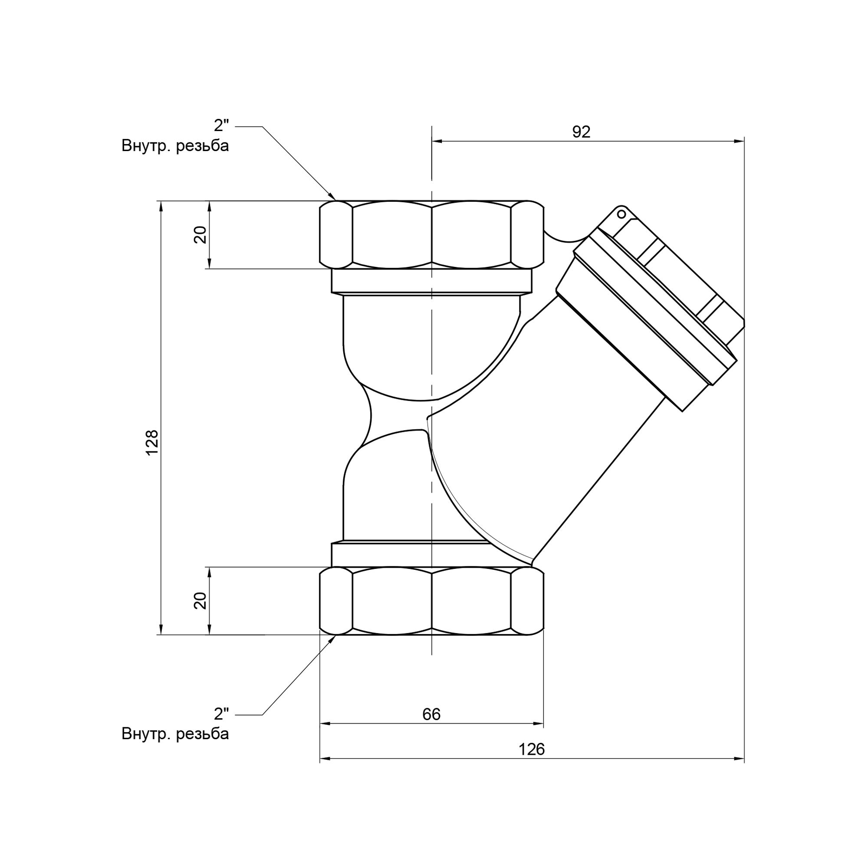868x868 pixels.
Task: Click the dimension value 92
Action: click(581, 132)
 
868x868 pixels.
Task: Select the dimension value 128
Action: click(152, 442)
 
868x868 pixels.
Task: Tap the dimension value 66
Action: click(431, 714)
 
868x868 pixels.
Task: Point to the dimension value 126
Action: click(532, 749)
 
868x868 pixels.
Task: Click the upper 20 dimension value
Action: click(201, 234)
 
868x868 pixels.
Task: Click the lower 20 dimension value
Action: click(201, 601)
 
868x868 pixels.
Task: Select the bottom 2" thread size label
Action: click(221, 713)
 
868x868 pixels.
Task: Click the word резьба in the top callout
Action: click(203, 146)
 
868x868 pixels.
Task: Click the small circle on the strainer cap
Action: click(621, 214)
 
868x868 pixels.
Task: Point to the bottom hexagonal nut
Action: click(431, 601)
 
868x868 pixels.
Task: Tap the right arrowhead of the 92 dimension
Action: click(739, 141)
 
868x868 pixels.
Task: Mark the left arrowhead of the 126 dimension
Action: click(325, 758)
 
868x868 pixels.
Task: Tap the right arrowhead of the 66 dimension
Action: click(538, 723)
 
